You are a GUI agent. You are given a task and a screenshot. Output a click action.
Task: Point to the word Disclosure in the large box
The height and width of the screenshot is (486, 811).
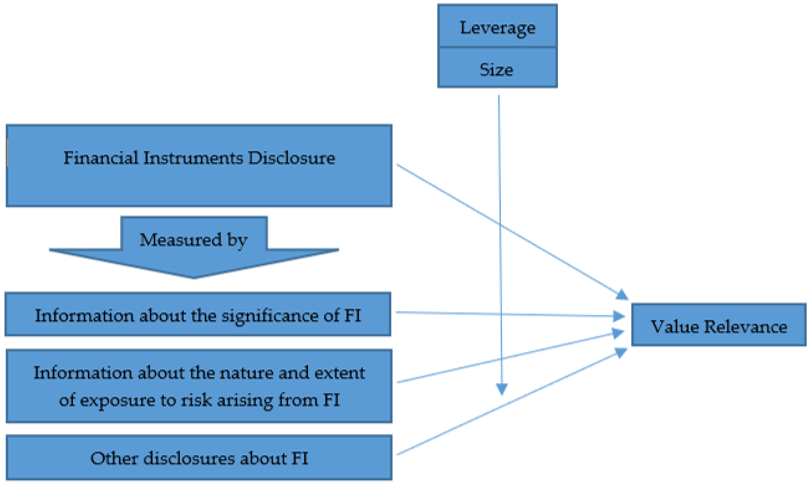(291, 158)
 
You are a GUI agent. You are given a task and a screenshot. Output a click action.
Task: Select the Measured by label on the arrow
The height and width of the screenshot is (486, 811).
(193, 240)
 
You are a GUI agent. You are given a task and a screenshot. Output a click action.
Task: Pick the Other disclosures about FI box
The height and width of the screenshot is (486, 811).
(199, 458)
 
